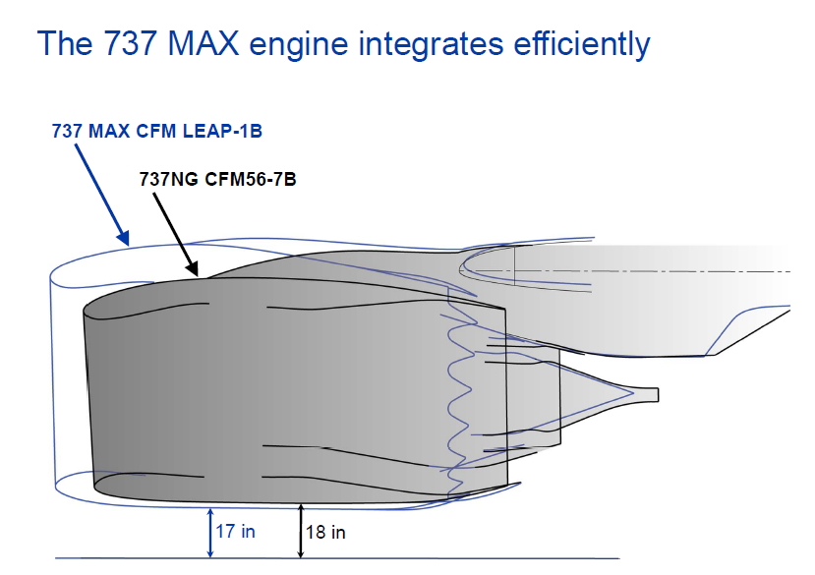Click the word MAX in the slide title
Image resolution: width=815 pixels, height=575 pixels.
(x=204, y=43)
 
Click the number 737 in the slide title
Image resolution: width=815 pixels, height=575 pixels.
(x=131, y=43)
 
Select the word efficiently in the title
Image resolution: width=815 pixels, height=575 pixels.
(x=582, y=45)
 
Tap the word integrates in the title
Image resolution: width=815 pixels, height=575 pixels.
(x=431, y=45)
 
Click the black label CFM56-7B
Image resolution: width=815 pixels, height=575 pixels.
(x=250, y=179)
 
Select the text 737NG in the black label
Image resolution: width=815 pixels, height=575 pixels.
(x=169, y=179)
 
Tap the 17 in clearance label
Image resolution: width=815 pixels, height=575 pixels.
(x=236, y=532)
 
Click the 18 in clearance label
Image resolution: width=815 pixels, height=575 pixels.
(x=325, y=533)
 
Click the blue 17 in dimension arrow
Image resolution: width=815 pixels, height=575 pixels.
(x=210, y=533)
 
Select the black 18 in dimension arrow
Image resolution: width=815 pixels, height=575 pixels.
(x=300, y=531)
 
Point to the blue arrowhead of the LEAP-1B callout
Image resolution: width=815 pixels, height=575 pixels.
(x=124, y=238)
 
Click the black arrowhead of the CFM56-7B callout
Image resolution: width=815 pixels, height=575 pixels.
(x=193, y=268)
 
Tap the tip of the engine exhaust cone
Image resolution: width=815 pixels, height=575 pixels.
(x=658, y=394)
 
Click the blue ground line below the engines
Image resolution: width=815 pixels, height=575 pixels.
(x=337, y=559)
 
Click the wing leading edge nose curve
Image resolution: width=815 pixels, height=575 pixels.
(x=460, y=269)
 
